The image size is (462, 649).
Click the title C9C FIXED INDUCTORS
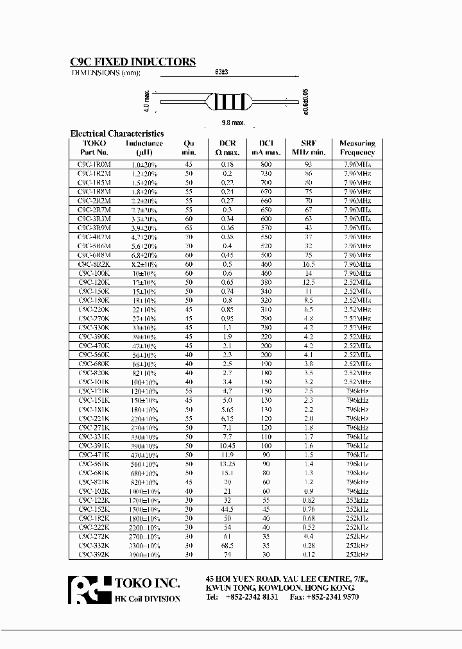[x=132, y=62]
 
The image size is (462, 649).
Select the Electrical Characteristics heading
[x=117, y=133]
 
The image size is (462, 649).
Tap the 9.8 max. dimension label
[x=233, y=122]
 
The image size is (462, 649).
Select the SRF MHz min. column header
[x=309, y=148]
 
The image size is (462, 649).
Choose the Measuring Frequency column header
[x=357, y=148]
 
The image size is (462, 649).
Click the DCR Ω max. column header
[x=229, y=148]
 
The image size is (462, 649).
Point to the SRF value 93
[x=309, y=165]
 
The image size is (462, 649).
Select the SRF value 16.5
[x=309, y=264]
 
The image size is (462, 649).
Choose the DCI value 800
[x=266, y=165]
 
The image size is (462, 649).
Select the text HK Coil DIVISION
[x=147, y=598]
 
